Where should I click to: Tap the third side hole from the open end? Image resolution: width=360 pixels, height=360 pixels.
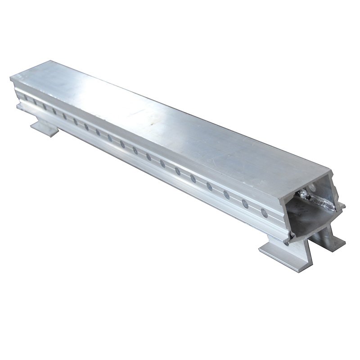click(226, 194)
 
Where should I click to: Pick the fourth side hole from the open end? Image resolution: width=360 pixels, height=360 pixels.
click(209, 186)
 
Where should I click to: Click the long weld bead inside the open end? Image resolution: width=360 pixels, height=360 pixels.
click(322, 203)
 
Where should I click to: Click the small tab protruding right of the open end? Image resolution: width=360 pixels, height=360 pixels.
click(342, 206)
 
